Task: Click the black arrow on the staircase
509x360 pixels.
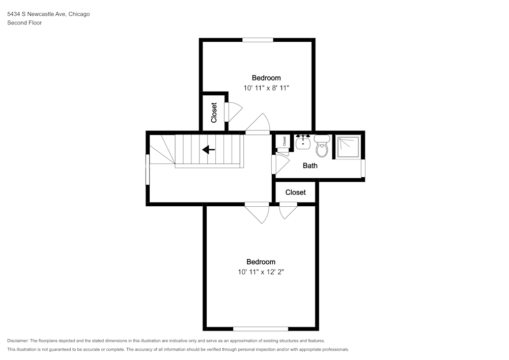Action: coord(208,150)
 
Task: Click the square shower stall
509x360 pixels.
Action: coord(348,147)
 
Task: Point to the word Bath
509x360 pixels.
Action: coord(310,165)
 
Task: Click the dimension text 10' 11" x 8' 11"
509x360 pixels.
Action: coord(266,88)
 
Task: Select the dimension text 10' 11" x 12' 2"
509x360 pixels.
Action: coord(261,272)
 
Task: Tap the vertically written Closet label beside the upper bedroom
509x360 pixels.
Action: coord(214,113)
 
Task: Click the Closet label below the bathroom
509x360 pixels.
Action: coord(295,192)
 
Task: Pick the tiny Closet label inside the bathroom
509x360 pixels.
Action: coord(284,142)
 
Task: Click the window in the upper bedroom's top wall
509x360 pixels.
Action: coord(258,40)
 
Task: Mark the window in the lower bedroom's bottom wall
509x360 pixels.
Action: coord(261,328)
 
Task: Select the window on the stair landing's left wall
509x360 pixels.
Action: coord(148,169)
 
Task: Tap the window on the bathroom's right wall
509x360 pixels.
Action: coord(363,168)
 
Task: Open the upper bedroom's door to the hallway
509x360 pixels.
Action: coord(259,125)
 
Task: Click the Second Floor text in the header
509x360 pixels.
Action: coord(24,23)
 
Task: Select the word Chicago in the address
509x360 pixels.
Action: coord(79,14)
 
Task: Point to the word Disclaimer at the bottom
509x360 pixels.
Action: coord(18,341)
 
